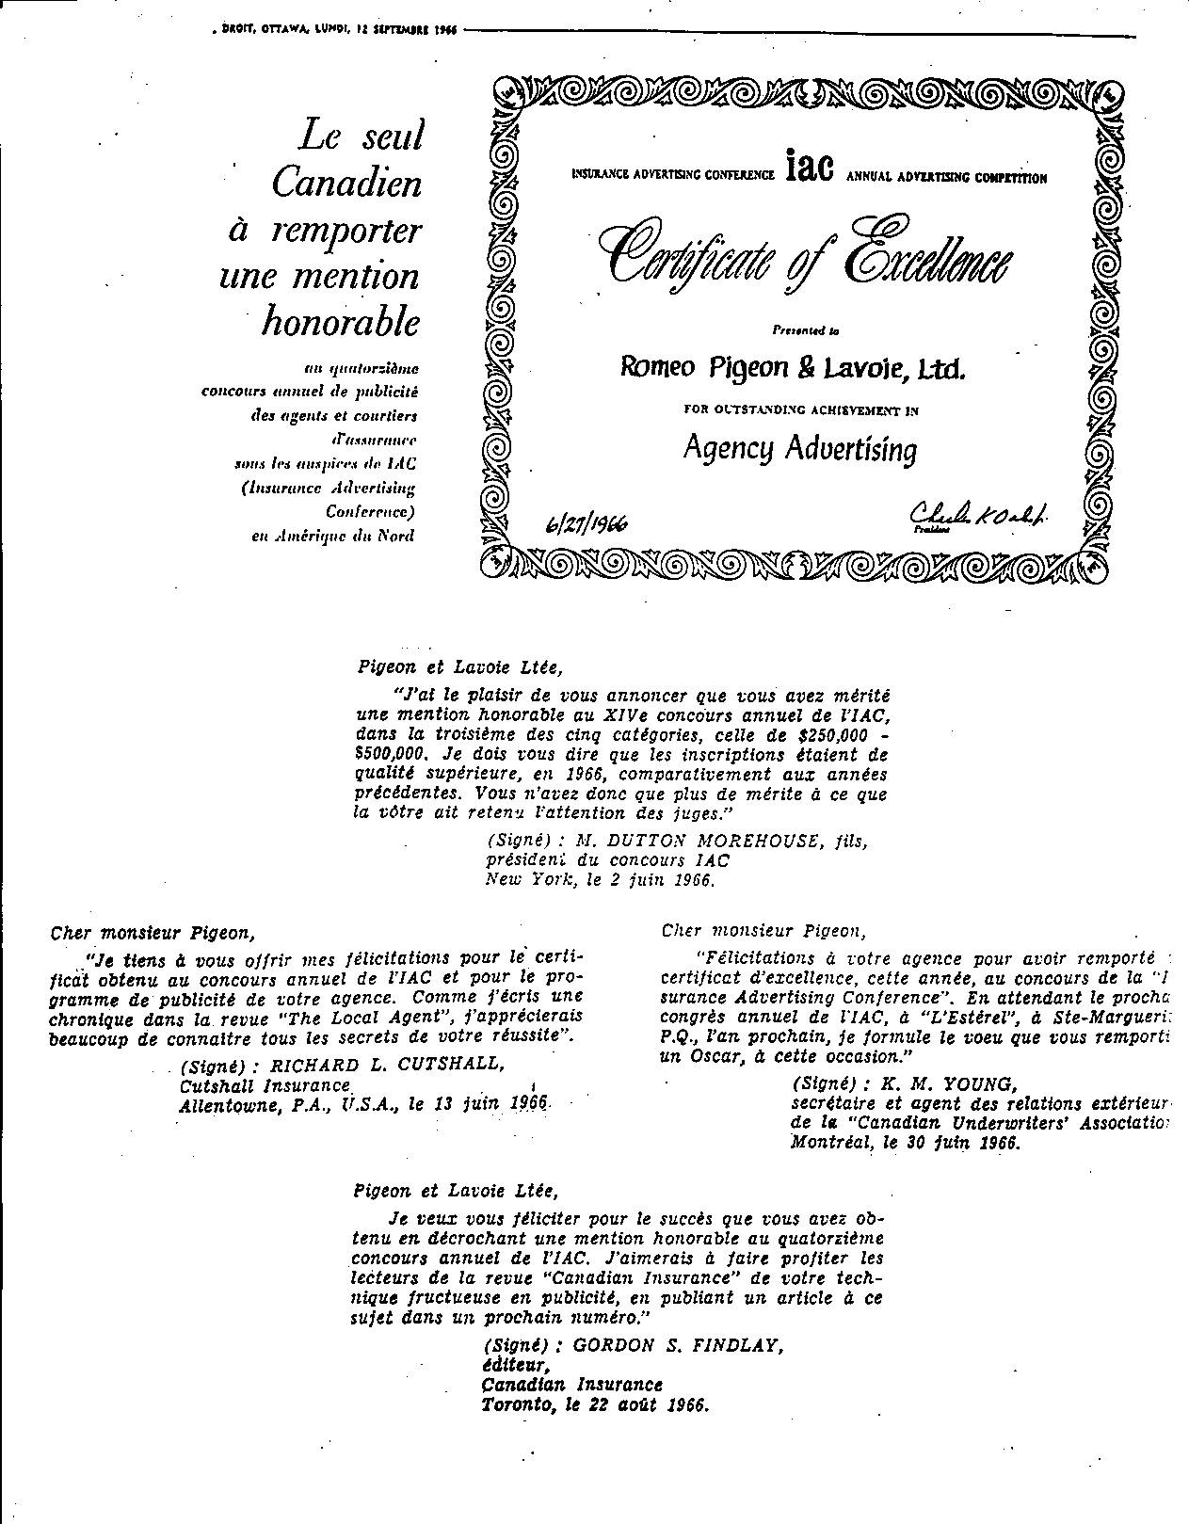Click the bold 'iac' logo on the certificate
(x=808, y=169)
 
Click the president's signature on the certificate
(x=979, y=515)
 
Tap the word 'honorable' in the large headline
(x=340, y=323)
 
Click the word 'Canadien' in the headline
(x=346, y=183)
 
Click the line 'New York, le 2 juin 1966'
(x=600, y=881)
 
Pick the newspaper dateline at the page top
(x=337, y=29)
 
